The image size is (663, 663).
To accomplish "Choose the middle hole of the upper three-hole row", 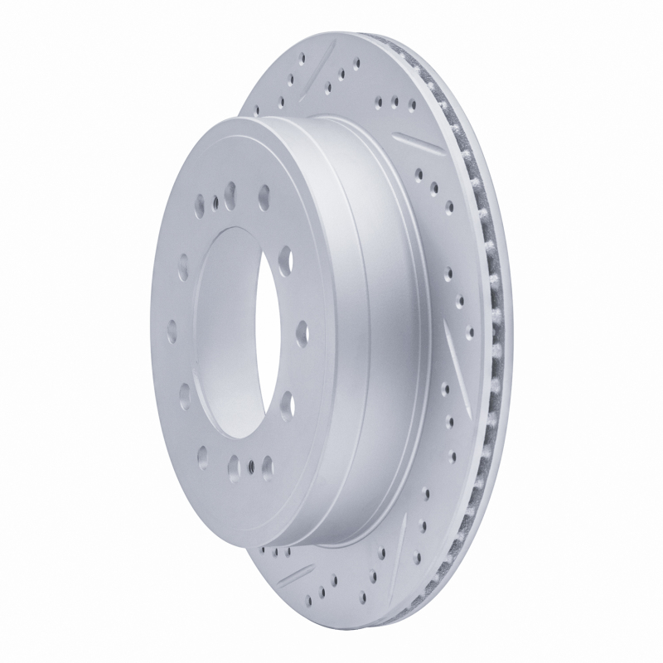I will [x=394, y=103].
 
